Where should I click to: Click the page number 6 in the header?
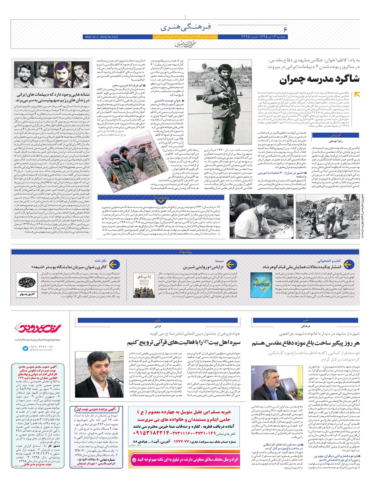[285, 29]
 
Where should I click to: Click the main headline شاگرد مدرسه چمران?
[320, 79]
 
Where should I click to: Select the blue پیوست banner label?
[161, 197]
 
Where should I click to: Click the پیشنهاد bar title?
[185, 252]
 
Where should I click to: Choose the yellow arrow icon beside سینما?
[231, 265]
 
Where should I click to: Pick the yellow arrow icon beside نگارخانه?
[114, 265]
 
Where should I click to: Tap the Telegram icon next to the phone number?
[25, 348]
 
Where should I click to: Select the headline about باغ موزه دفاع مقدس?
[305, 343]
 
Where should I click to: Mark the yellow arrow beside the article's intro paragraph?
[357, 94]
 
